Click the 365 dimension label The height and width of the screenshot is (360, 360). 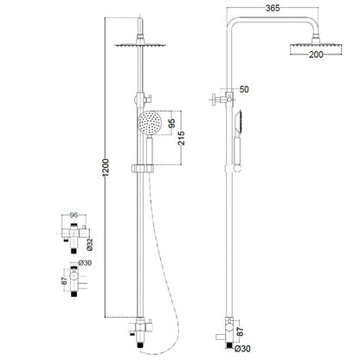pos(273,8)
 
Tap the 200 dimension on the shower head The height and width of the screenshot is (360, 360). pos(316,55)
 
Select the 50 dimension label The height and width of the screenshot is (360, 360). pos(244,89)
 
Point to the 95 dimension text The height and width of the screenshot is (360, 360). pos(172,123)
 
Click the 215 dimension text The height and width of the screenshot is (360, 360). pos(181,138)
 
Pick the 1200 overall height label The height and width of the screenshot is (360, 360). pos(106,168)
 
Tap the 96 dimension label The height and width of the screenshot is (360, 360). pos(74,215)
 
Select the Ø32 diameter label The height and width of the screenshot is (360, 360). pos(90,244)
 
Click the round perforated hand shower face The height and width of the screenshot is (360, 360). pos(149,124)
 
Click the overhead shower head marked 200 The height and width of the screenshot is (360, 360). pos(316,49)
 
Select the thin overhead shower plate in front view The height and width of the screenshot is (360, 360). pos(140,45)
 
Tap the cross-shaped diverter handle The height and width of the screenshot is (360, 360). pos(215,100)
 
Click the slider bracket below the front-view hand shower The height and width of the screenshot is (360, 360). pos(142,169)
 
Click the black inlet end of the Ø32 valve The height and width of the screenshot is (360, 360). pos(74,251)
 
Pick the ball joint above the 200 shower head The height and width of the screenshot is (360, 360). pos(316,37)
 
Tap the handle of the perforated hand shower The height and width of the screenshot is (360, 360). pos(149,151)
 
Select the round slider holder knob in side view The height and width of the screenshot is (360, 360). pos(237,168)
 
